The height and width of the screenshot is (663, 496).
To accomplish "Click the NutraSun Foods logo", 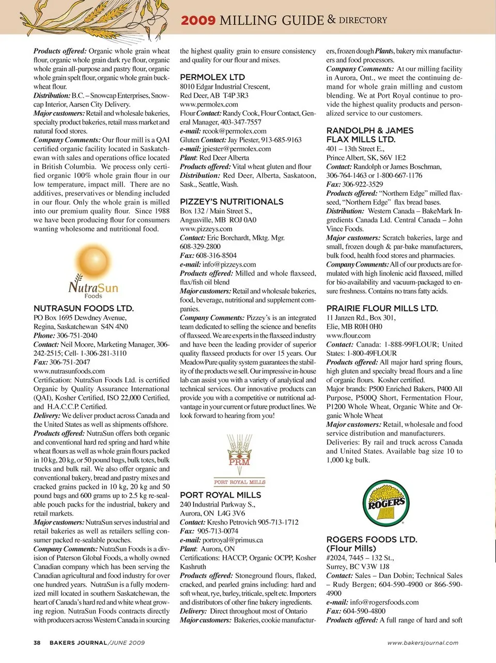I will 94,272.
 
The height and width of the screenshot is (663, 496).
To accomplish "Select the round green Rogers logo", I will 386,502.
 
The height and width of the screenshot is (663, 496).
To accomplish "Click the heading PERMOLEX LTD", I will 212,77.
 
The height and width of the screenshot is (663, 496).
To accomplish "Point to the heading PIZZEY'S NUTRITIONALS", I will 231,202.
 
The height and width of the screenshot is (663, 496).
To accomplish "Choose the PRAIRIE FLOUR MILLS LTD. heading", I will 382,308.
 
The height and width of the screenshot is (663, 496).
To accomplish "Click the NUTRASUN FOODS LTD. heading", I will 84,309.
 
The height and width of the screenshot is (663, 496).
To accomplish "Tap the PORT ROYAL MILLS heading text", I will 221,495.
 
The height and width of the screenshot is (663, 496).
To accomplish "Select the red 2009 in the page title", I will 198,21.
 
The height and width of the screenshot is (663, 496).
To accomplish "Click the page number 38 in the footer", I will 37,643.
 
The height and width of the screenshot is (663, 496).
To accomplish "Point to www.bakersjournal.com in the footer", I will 423,643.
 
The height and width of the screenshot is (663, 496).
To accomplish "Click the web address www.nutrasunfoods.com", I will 69,371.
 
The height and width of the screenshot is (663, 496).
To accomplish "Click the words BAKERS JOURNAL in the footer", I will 78,643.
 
